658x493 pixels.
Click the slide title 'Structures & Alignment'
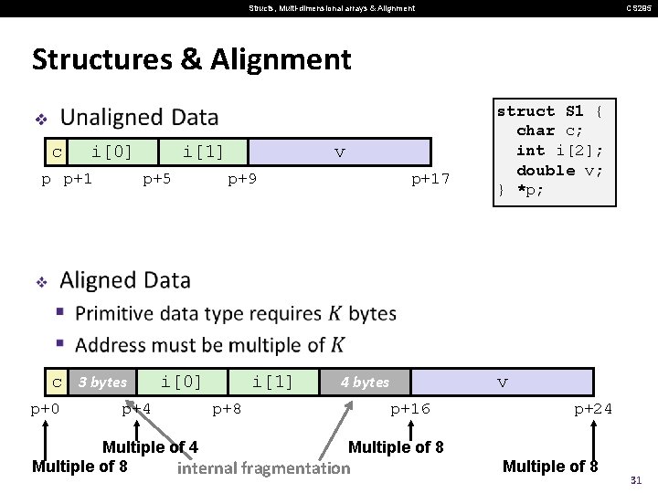pos(191,60)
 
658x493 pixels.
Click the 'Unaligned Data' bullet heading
pos(139,118)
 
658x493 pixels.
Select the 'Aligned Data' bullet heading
pos(125,280)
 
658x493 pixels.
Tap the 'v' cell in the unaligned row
pos(339,152)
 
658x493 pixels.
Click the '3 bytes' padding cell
pos(101,382)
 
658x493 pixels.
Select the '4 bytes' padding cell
pos(365,382)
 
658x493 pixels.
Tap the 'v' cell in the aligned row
pos(502,382)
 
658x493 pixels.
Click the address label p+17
pos(430,179)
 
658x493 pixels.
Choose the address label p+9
pos(242,179)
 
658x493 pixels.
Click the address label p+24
pos(593,409)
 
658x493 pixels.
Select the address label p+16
pos(410,409)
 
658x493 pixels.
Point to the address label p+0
pos(46,409)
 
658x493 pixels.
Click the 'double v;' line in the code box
pos(559,171)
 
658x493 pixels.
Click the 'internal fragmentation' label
pos(263,469)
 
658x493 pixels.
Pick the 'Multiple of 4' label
pos(150,447)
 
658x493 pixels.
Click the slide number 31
pos(637,480)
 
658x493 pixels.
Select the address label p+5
pos(157,179)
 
